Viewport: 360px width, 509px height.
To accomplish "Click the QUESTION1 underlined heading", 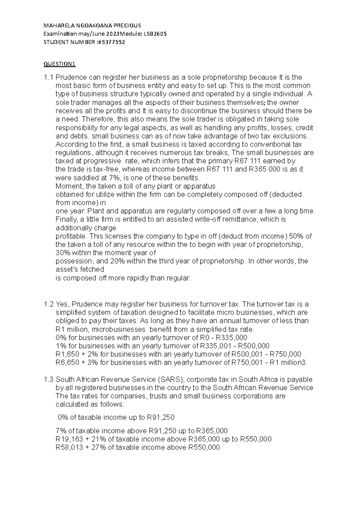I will click(60, 64).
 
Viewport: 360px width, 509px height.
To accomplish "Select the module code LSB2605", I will click(155, 34).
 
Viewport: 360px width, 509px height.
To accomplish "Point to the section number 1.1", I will click(49, 77).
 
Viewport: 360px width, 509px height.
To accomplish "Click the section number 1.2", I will click(49, 304).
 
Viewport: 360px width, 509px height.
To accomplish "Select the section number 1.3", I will click(49, 379).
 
